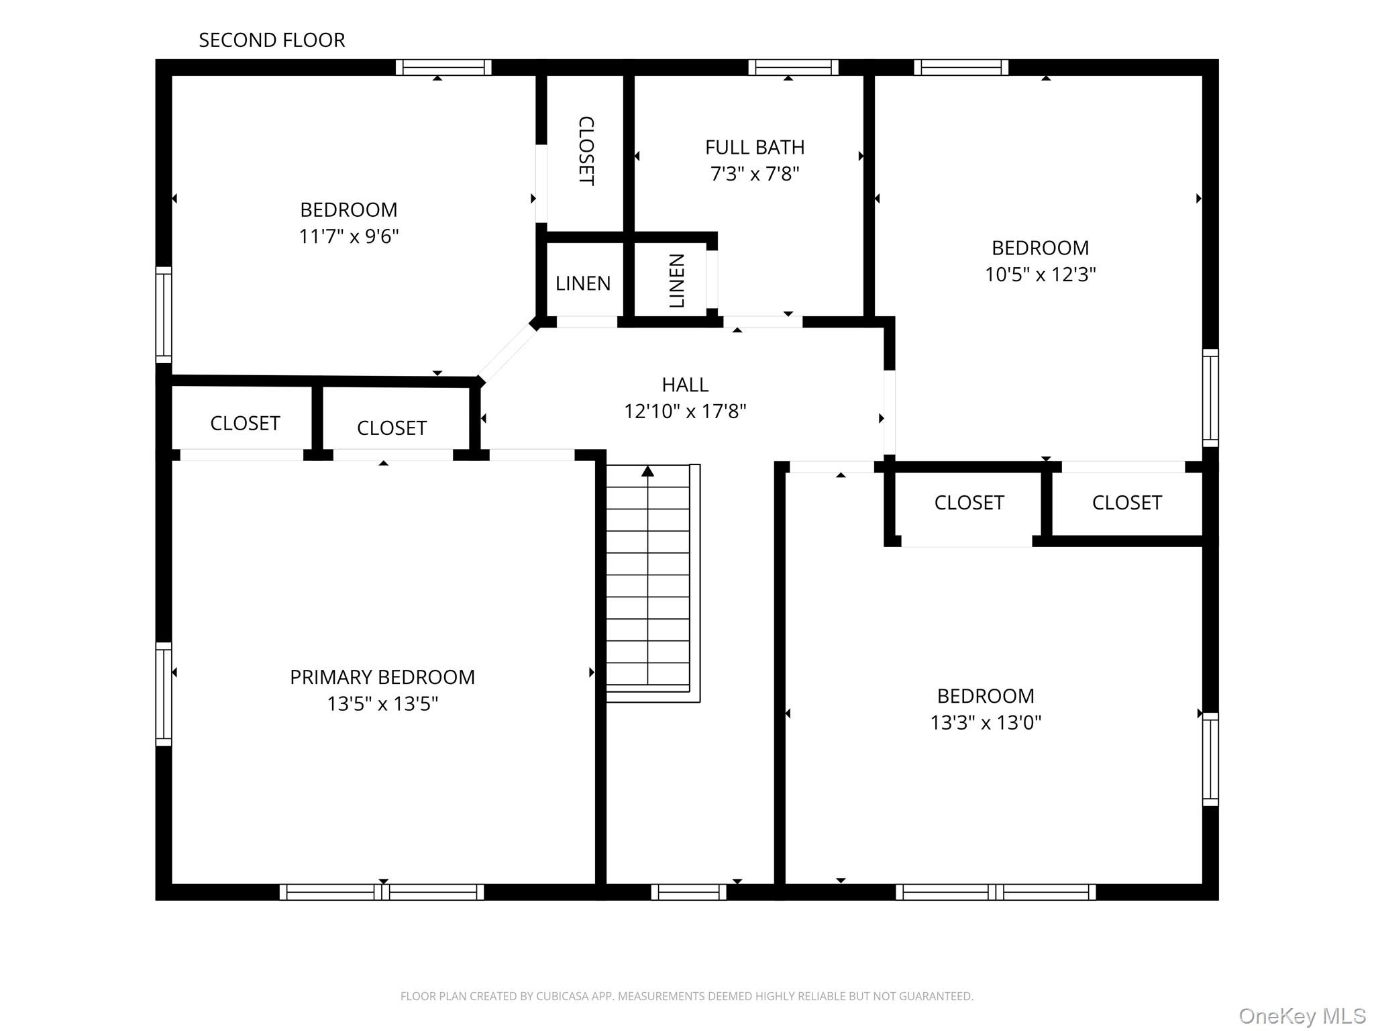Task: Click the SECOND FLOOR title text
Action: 272,40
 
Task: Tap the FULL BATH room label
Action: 754,147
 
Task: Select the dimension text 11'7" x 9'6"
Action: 349,236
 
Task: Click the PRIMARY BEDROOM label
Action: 382,677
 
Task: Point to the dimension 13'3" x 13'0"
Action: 986,723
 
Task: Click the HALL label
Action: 685,385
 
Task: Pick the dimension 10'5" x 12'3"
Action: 1040,275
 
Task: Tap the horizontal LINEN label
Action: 583,283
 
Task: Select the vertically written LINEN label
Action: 676,281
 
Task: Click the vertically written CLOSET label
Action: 586,151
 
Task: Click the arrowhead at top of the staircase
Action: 647,471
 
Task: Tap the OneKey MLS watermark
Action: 1302,1016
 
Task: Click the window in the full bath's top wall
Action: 793,67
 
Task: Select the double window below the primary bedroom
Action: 381,892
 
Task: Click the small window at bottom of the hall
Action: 688,892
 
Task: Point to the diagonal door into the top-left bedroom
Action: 507,353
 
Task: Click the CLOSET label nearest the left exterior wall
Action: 245,424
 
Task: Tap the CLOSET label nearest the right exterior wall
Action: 1126,503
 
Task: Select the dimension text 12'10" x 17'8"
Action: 685,411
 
